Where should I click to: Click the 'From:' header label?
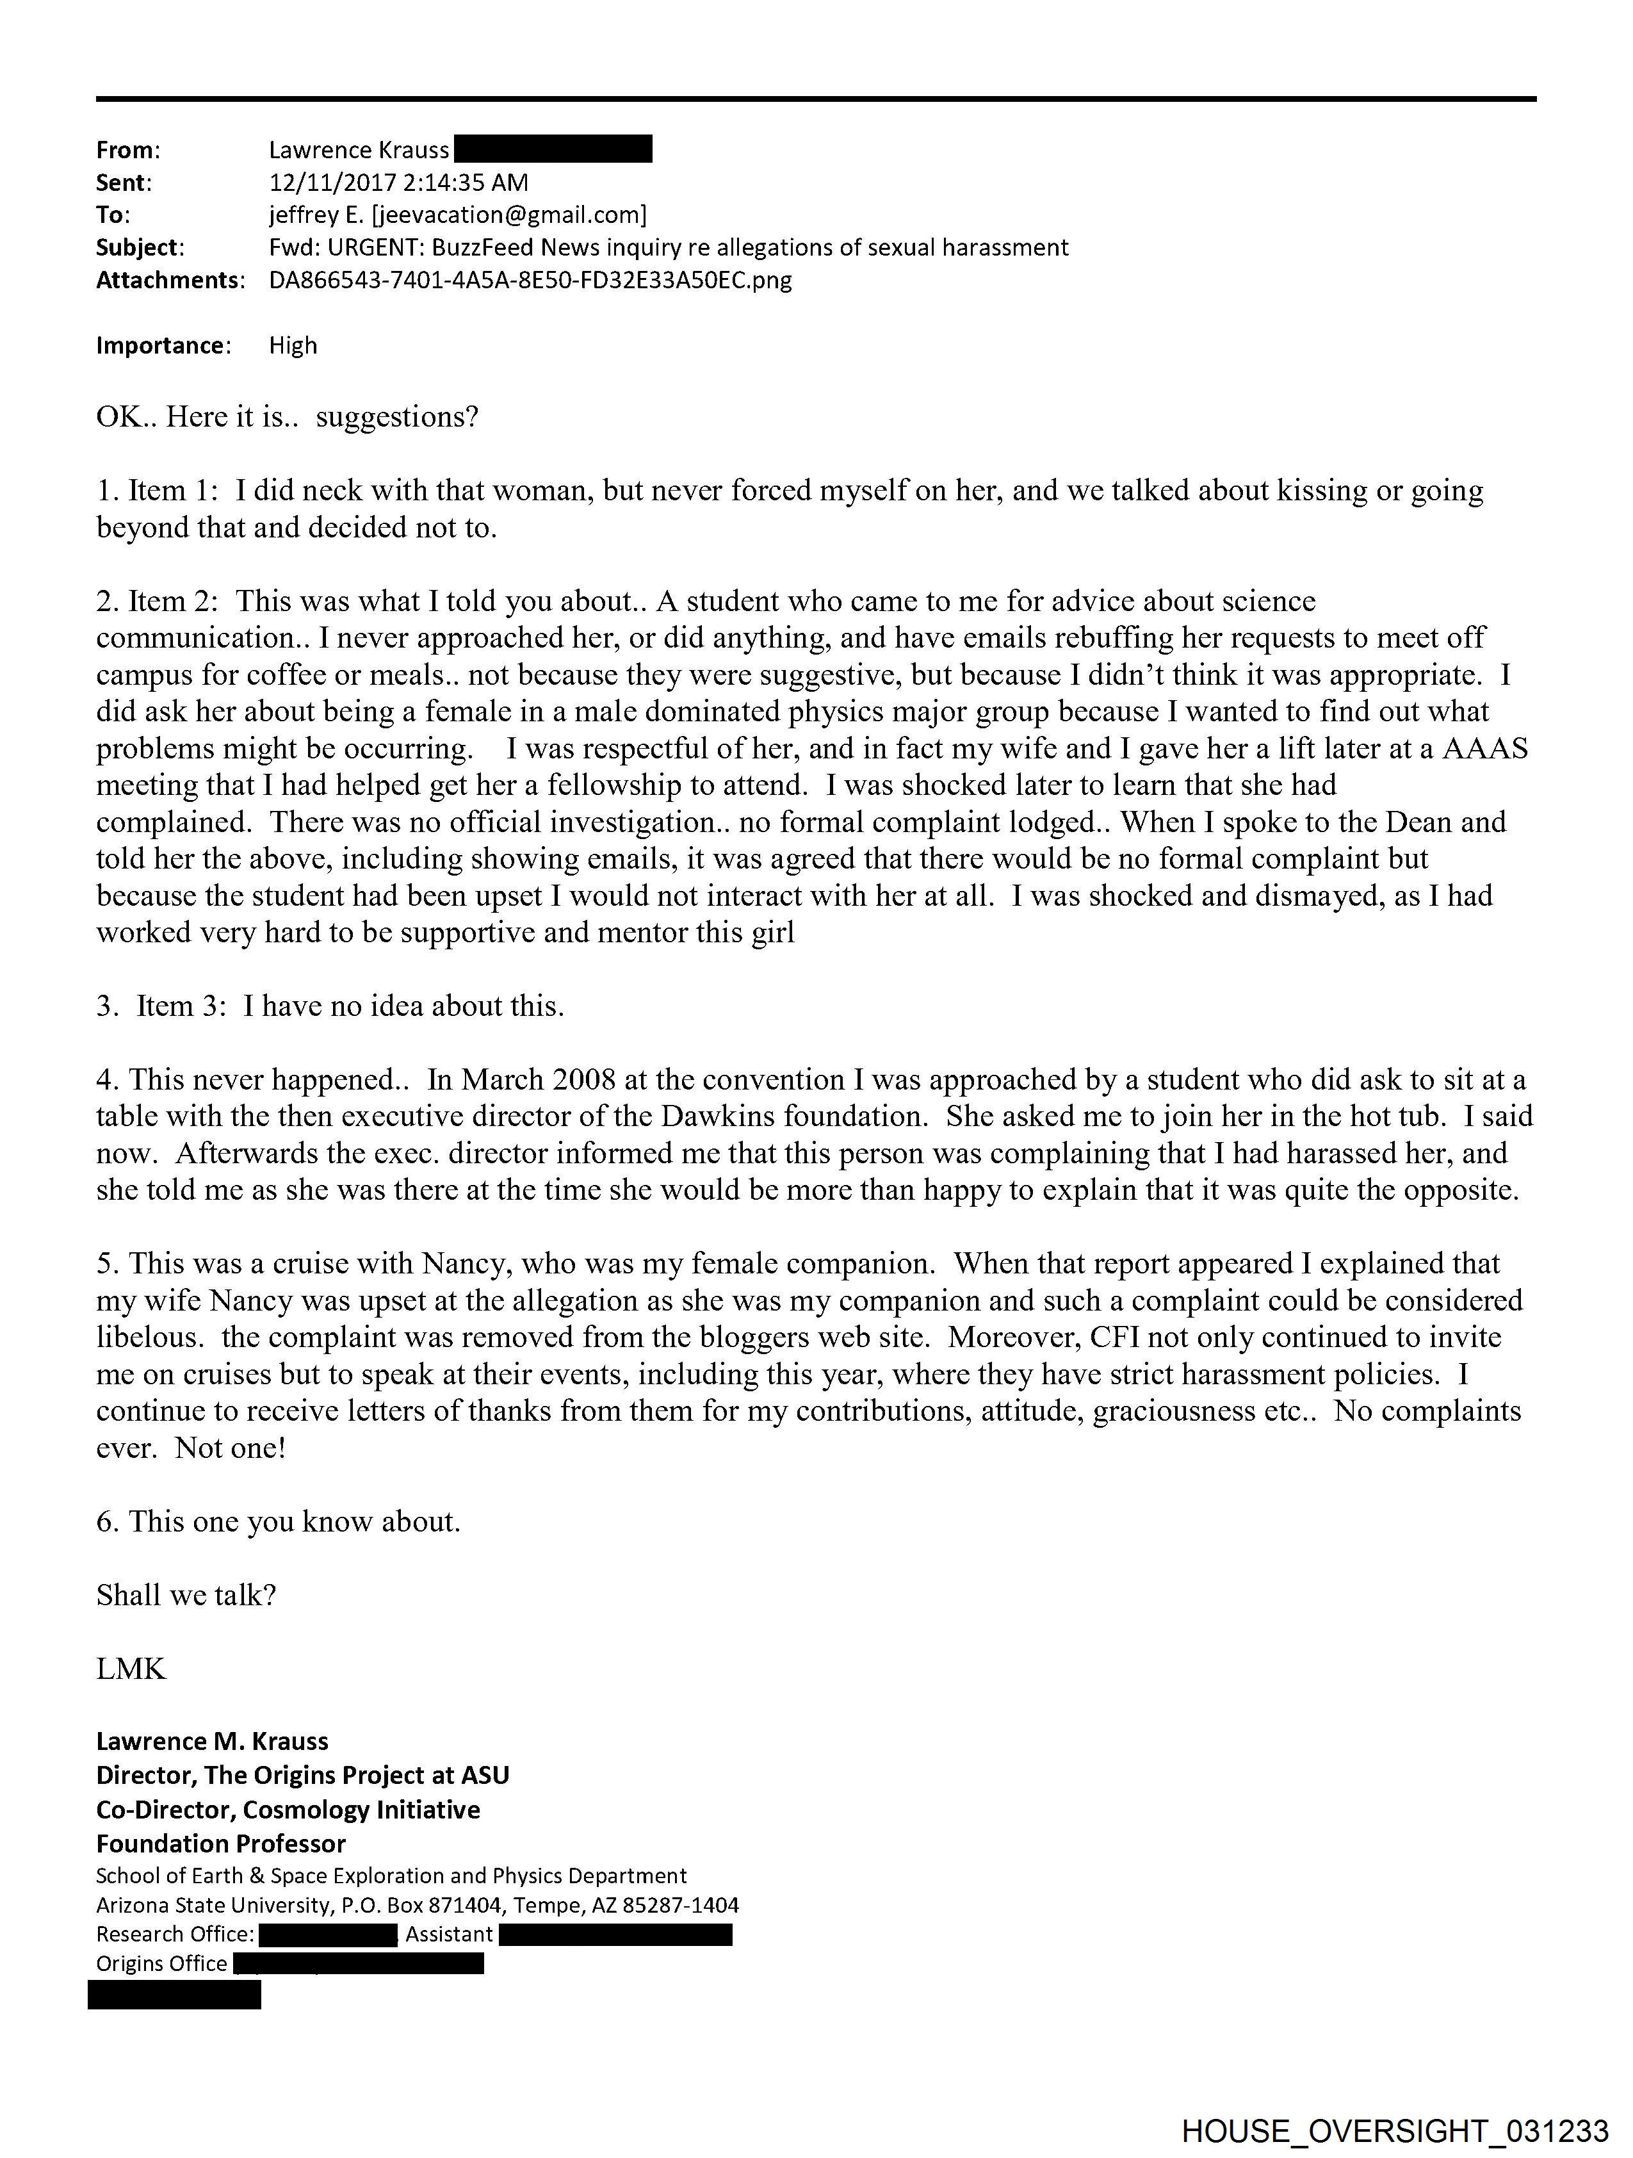[x=128, y=151]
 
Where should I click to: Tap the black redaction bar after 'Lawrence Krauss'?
[x=553, y=149]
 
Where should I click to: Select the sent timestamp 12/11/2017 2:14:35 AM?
[x=398, y=183]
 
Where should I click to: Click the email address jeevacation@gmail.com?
[x=507, y=215]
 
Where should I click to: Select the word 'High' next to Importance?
[x=293, y=345]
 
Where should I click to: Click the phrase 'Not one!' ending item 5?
[x=230, y=1447]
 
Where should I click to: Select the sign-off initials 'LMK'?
[x=131, y=1668]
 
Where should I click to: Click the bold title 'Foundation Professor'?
[x=220, y=1843]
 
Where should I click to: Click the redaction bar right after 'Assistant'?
[x=615, y=1934]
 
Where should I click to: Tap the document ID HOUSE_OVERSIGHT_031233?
[x=1394, y=2130]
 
